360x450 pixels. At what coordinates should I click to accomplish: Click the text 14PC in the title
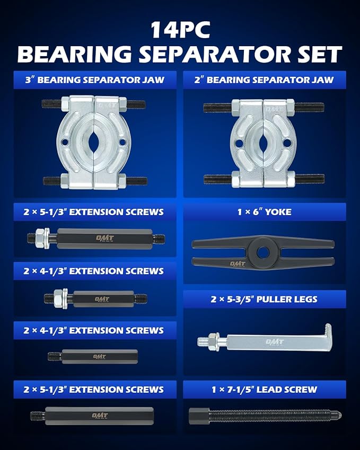[x=180, y=29]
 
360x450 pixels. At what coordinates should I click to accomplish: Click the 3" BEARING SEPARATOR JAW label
[x=95, y=80]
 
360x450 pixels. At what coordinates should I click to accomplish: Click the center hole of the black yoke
[x=263, y=247]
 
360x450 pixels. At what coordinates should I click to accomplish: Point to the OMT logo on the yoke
[x=237, y=263]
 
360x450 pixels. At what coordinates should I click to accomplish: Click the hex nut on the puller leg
[x=215, y=339]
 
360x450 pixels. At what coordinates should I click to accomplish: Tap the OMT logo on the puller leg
[x=274, y=342]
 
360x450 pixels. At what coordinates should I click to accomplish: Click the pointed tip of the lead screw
[x=339, y=414]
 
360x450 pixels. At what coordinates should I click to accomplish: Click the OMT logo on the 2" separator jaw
[x=273, y=109]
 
